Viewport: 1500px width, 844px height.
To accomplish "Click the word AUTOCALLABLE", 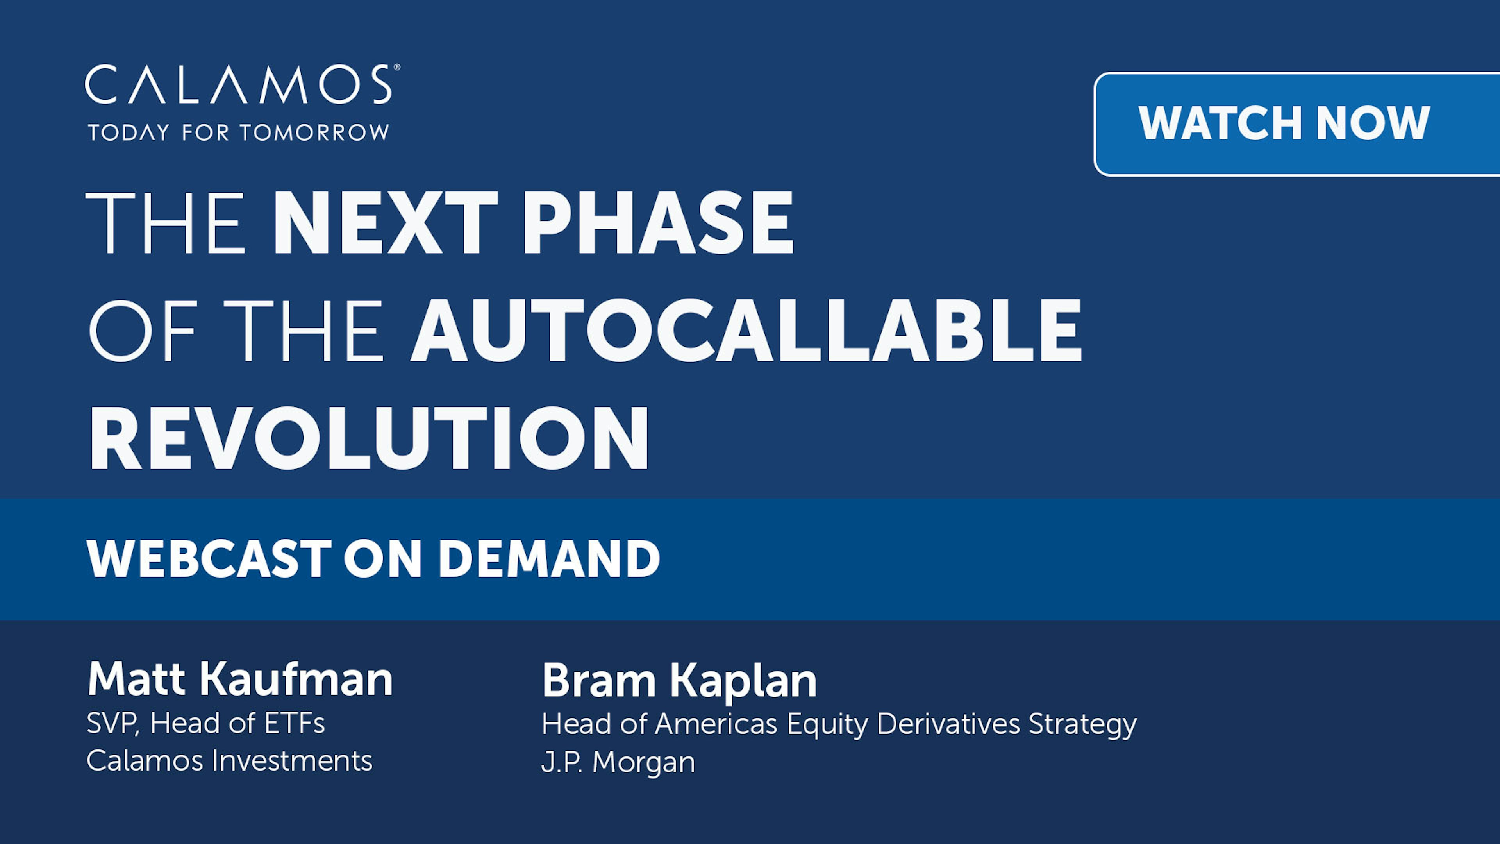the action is (746, 331).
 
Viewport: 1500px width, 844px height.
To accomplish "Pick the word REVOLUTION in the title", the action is (369, 438).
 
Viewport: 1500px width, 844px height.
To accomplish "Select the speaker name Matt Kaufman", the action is (240, 679).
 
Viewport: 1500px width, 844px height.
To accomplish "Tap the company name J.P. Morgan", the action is (618, 762).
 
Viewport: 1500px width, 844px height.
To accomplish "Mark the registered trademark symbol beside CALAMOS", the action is (397, 68).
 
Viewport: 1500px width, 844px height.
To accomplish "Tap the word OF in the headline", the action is (142, 331).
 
